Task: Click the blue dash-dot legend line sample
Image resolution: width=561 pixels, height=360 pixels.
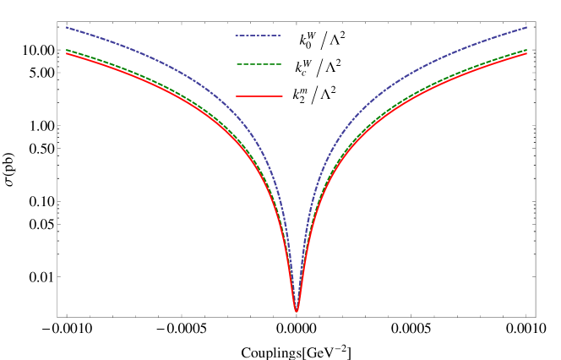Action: [257, 35]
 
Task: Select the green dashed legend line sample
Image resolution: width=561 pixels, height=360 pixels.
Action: [258, 64]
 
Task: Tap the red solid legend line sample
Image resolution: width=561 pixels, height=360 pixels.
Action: [259, 96]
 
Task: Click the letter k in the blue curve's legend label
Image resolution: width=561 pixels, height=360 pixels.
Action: [302, 41]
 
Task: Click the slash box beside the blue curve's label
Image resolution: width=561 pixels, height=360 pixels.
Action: [324, 40]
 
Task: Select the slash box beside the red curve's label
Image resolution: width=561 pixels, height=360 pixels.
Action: [314, 95]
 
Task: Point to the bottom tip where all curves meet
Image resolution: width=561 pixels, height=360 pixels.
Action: [297, 311]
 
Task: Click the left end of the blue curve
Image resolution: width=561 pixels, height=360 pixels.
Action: [66, 27]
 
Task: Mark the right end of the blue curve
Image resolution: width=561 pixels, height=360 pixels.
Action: [527, 27]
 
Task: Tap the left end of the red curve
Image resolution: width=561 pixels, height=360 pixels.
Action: [66, 54]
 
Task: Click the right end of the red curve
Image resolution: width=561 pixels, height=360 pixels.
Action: [527, 54]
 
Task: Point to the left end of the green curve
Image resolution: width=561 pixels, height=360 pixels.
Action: [66, 50]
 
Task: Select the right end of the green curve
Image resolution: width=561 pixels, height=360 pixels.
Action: [527, 50]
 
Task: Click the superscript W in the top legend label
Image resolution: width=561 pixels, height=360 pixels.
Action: [312, 35]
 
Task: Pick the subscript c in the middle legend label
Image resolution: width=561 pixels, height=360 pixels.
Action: [303, 73]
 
